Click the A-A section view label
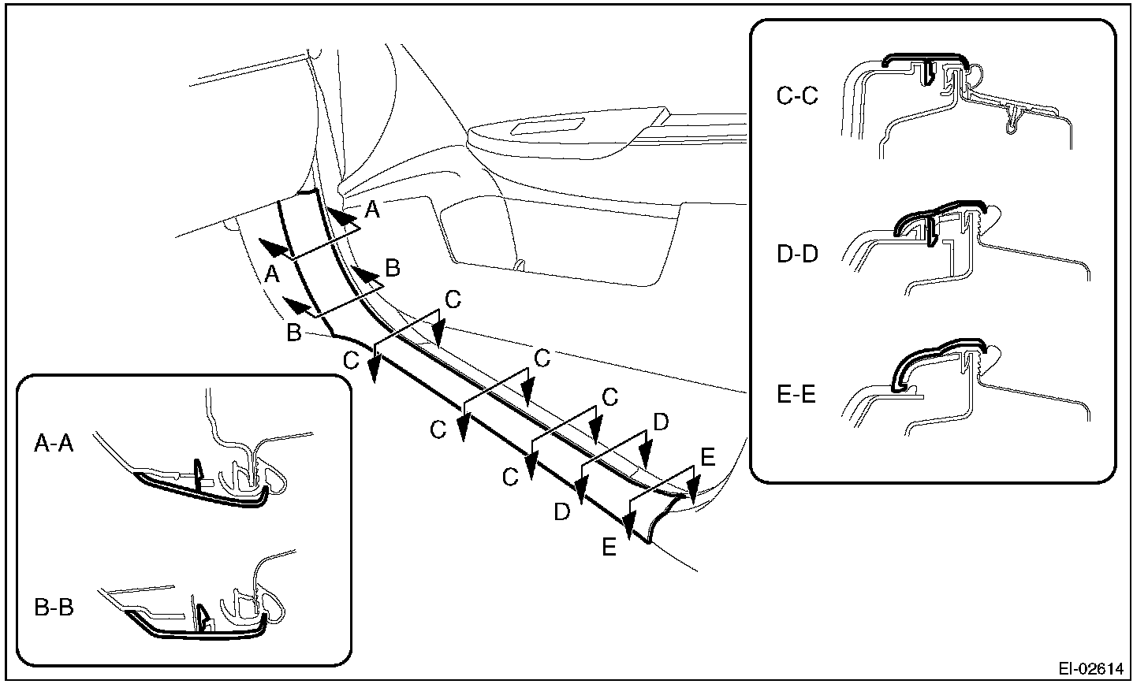54,445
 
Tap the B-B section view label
54,608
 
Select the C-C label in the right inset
797,97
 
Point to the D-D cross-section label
797,255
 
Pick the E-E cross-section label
797,395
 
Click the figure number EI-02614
1090,669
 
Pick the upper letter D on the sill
661,423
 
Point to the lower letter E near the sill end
609,547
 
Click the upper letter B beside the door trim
392,268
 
